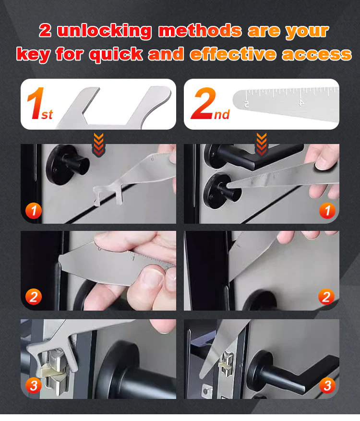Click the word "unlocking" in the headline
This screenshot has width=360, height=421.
105,31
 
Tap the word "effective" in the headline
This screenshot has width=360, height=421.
233,54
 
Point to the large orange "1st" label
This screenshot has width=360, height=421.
40,104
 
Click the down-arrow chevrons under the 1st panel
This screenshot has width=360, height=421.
98,144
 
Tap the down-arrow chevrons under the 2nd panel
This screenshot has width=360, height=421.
262,144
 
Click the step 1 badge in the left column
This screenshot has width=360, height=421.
34,210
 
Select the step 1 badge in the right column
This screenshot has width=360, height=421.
327,210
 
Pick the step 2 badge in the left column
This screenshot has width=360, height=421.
34,297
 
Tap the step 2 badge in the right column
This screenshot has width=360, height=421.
326,297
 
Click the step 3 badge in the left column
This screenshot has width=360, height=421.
34,385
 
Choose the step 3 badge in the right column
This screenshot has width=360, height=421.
327,385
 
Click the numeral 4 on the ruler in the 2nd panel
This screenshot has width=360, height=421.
301,102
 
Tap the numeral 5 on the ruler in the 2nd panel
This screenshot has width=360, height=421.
246,104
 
